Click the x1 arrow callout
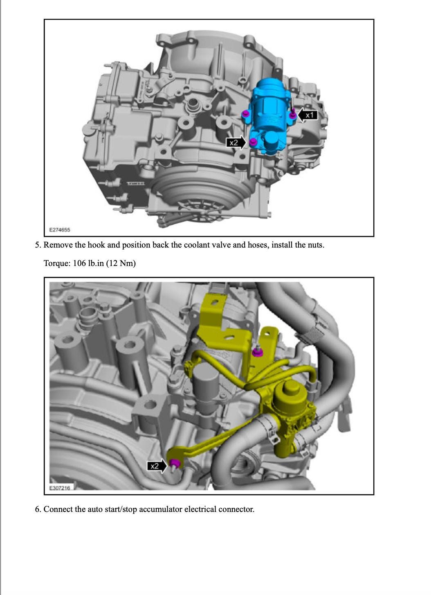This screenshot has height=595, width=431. pos(308,115)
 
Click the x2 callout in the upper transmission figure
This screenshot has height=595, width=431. pos(236,143)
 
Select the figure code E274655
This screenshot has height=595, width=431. pos(60,230)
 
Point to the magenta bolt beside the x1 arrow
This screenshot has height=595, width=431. pos(292,115)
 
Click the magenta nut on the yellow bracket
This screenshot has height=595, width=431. pos(256,352)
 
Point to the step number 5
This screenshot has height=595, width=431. pos(38,245)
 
